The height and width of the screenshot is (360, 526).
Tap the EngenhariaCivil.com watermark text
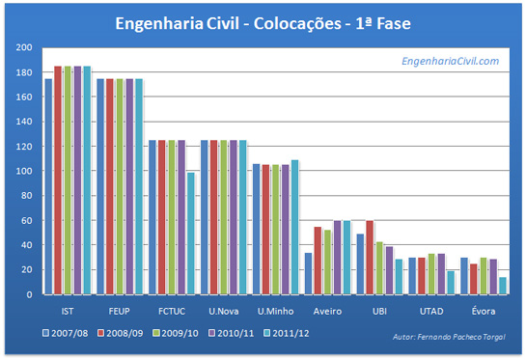[x=450, y=61]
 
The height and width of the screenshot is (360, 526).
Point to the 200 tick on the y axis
[x=23, y=47]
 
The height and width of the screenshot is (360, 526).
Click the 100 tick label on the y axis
[x=23, y=171]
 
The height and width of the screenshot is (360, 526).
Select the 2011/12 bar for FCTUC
[x=191, y=233]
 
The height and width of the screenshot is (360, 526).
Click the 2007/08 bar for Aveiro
[x=308, y=273]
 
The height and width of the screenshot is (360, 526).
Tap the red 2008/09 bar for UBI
[x=370, y=257]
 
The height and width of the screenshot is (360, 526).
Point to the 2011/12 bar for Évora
[x=503, y=286]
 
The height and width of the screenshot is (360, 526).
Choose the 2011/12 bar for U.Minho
[x=295, y=227]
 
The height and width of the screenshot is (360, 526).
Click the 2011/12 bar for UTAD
[x=451, y=283]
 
